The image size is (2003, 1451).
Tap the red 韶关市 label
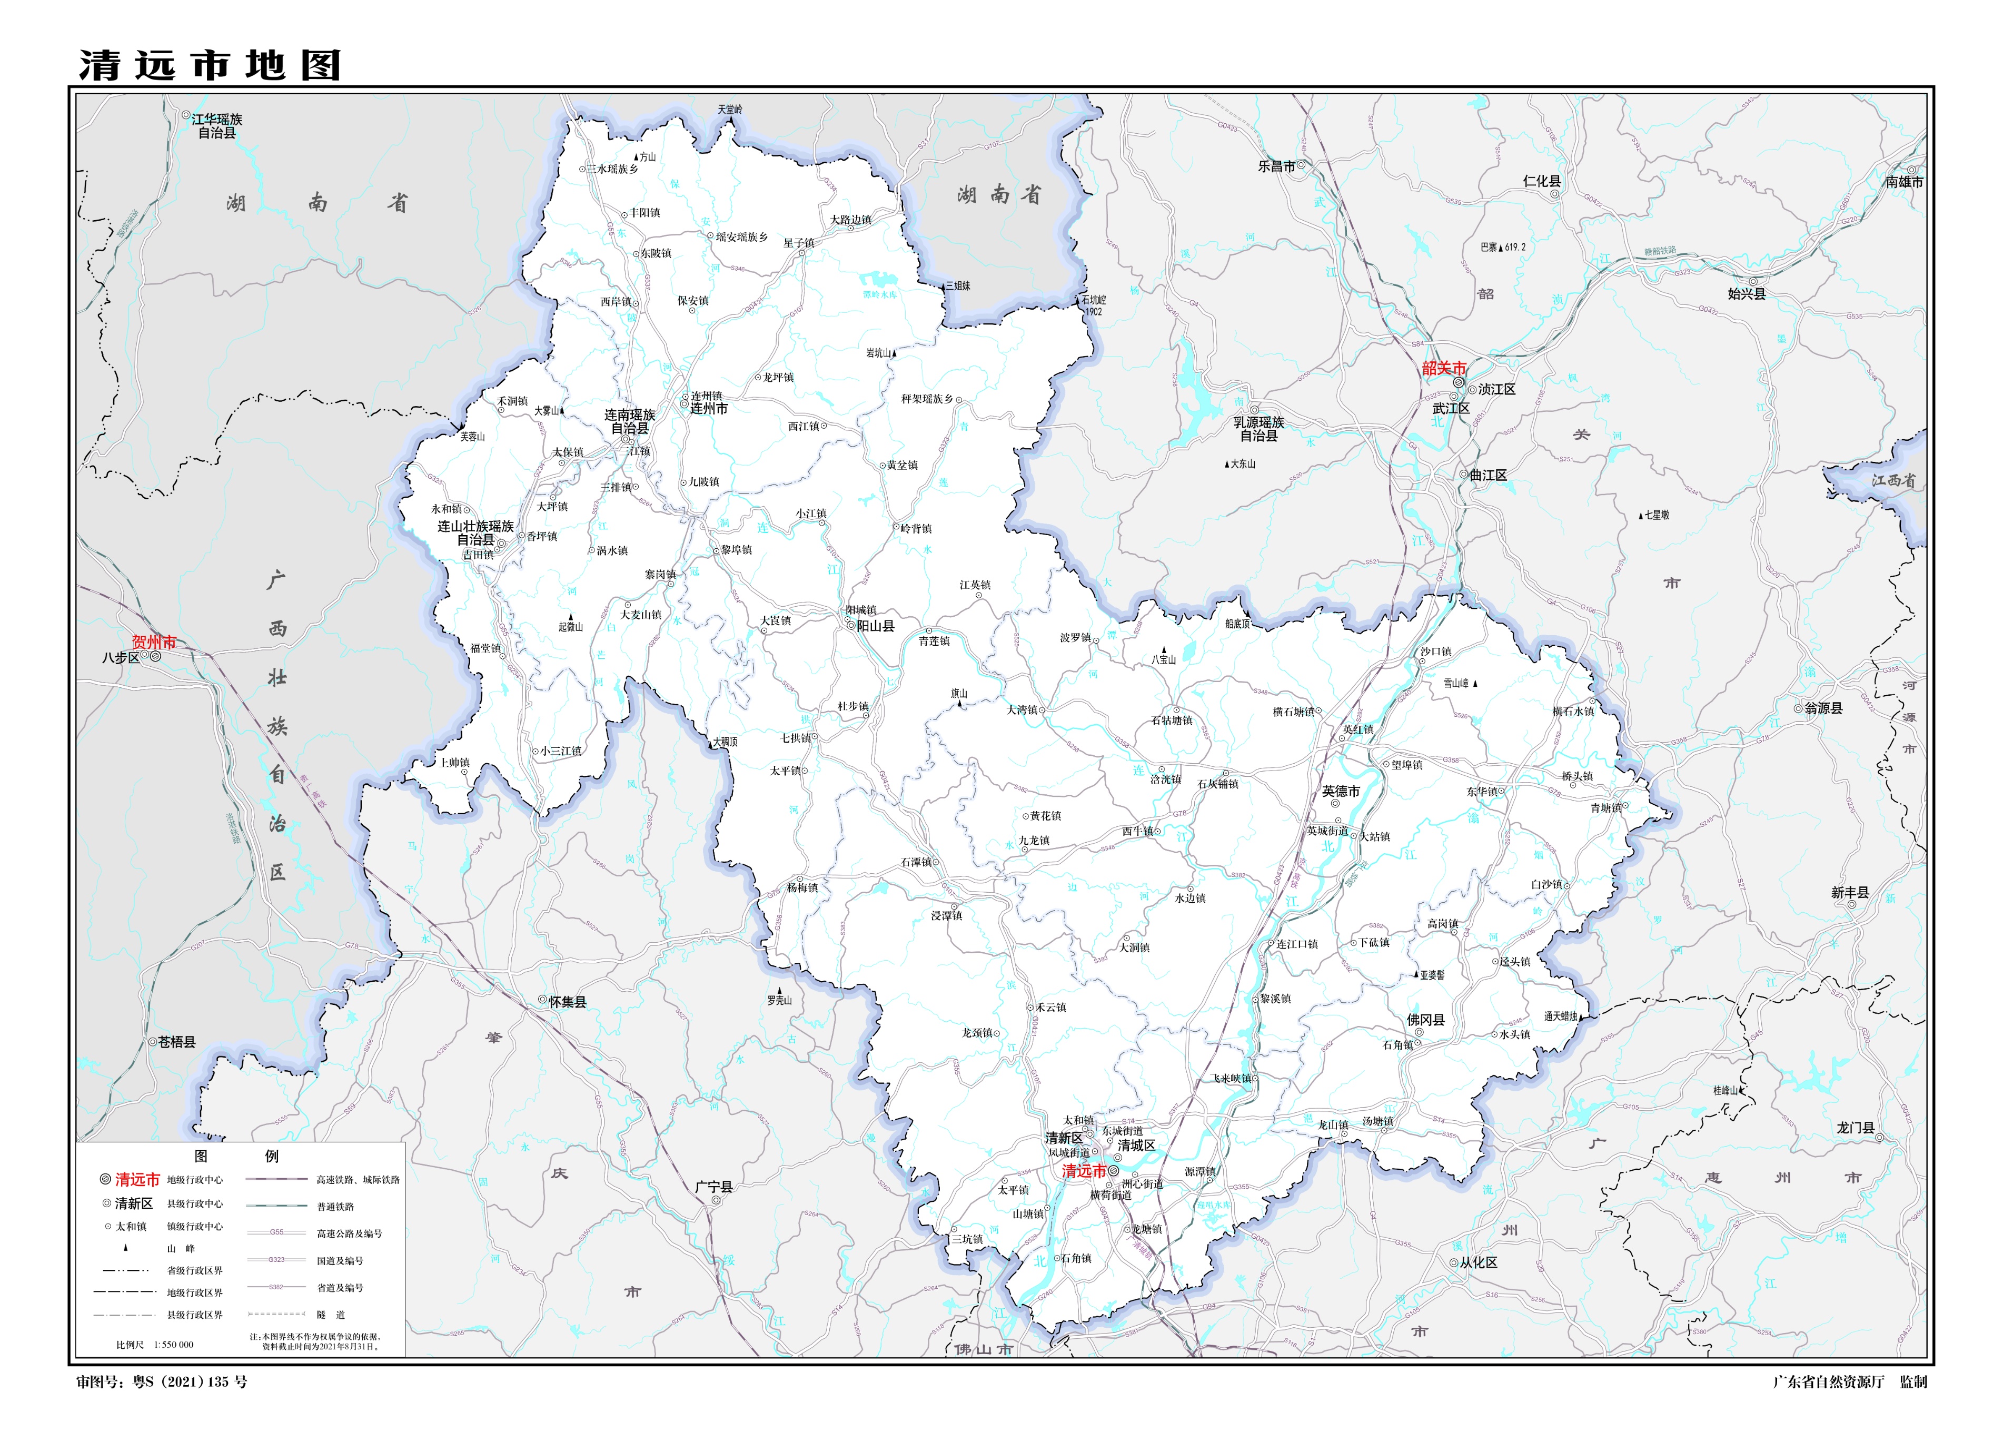coord(1444,368)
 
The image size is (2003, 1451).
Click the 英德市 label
coord(1341,791)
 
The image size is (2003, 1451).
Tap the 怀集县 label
coord(567,1002)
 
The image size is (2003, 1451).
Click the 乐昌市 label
coord(1276,166)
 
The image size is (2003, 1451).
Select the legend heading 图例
coord(237,1156)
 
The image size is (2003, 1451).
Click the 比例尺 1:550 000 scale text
coord(155,1344)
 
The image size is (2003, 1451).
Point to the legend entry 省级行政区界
coord(194,1270)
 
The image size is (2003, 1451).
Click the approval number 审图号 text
coord(162,1382)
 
